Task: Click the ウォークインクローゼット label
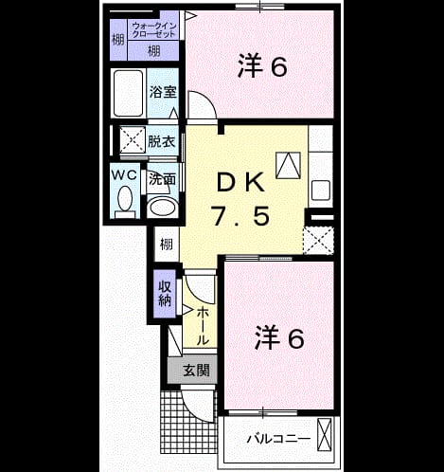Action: [x=153, y=30]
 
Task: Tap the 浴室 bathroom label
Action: [x=163, y=92]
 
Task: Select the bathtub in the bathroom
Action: [x=128, y=93]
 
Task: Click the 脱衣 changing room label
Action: [x=162, y=141]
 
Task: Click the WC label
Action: [x=125, y=174]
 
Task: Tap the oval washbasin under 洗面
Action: [x=163, y=208]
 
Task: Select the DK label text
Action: [x=240, y=183]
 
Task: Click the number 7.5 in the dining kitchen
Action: [x=241, y=216]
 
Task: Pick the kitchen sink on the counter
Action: [x=321, y=190]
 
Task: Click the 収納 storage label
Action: [x=165, y=294]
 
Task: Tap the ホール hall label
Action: [x=203, y=326]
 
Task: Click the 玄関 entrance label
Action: [x=197, y=370]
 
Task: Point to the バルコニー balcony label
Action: [x=278, y=439]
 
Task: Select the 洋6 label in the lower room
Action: [x=279, y=337]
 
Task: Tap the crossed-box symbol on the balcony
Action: [x=325, y=435]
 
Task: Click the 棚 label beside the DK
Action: [x=167, y=244]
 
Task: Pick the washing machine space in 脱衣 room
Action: [x=133, y=139]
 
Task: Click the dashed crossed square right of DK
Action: [x=318, y=241]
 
